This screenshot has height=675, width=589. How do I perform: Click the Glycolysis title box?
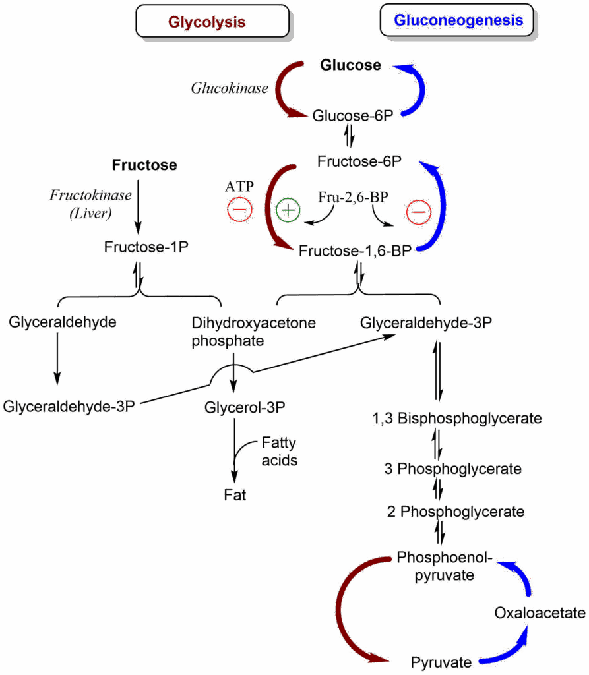tap(212, 21)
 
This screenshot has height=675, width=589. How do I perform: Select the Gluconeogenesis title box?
tap(458, 20)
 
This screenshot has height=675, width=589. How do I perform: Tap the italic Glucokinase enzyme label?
tap(229, 88)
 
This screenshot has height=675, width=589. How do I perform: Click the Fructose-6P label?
tap(360, 161)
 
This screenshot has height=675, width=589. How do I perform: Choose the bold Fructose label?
tap(144, 165)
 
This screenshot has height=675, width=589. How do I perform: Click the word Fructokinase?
tap(90, 196)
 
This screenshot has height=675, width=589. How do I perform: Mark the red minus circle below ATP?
tap(239, 211)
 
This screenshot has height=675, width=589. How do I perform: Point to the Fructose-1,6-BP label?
tap(356, 251)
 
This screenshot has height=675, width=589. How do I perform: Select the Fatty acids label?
tap(279, 451)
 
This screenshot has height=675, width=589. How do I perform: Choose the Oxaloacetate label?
tap(539, 613)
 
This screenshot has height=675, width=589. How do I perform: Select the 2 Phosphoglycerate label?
tap(455, 511)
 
